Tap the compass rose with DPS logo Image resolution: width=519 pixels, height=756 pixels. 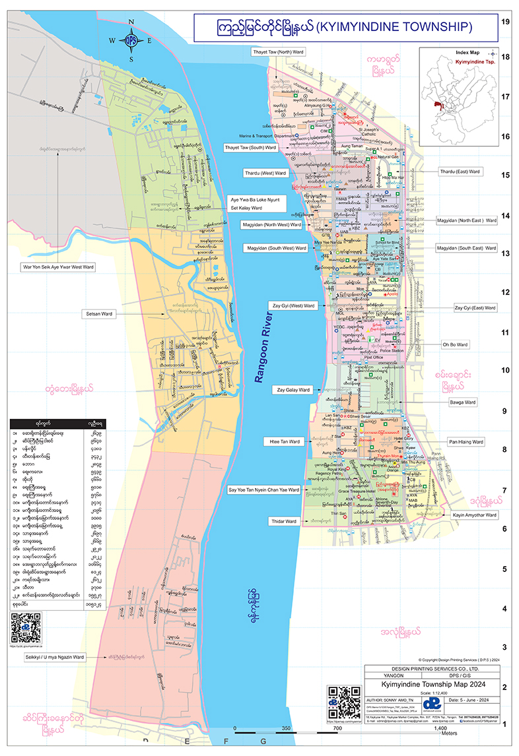point(131,40)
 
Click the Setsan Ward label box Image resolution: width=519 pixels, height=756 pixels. point(98,313)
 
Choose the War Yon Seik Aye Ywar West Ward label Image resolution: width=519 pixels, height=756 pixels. point(57,267)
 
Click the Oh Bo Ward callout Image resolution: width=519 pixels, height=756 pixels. point(455,344)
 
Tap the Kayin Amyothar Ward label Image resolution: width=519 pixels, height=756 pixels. point(474,514)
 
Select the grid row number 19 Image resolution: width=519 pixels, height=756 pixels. point(506,21)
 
